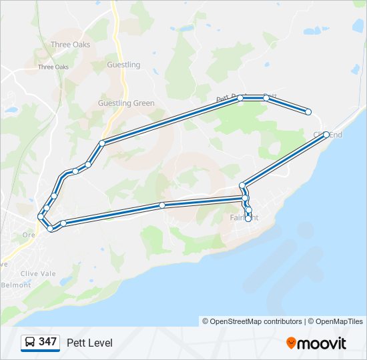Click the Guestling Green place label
pos(126,103)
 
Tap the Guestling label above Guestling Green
pos(123,65)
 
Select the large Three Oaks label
pos(70,45)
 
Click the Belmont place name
pos(16,285)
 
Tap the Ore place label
pos(29,235)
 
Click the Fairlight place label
pos(244,218)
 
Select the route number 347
pos(47,342)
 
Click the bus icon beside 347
pos(30,342)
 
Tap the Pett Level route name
pos(89,343)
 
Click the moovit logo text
pos(322,343)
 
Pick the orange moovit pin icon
pos(291,343)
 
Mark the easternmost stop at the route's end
pos(308,112)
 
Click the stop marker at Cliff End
pos(326,135)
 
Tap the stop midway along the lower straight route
pos(162,205)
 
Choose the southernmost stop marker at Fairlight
pos(248,219)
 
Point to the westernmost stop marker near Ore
pos(41,217)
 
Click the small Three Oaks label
pos(53,67)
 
